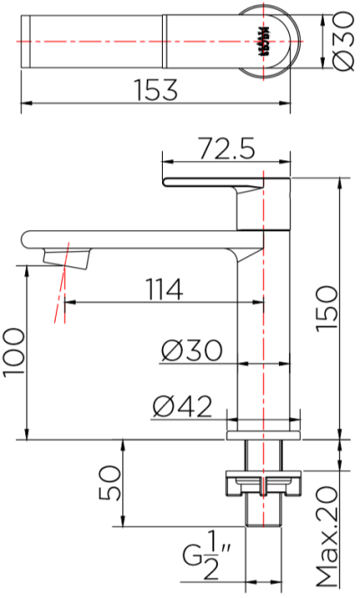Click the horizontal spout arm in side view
click(x=135, y=239)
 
